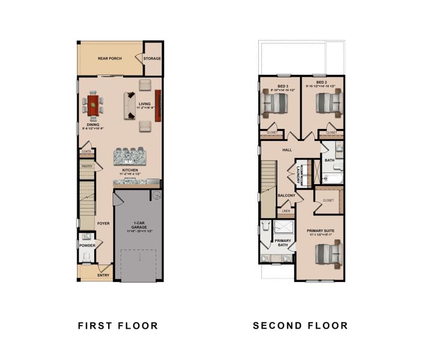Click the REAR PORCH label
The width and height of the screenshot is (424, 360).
[x=110, y=59]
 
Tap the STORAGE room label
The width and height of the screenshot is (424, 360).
[x=153, y=59]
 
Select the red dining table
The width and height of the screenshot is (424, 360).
[x=93, y=106]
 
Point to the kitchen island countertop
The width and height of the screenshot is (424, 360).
[x=130, y=157]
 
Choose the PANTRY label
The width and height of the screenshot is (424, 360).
[x=86, y=166]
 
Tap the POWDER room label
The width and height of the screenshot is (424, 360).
[x=86, y=245]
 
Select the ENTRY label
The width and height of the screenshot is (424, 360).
[x=103, y=275]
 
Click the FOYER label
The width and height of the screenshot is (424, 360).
[x=103, y=223]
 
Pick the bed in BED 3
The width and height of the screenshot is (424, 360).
[x=275, y=104]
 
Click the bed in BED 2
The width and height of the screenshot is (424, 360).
[x=327, y=104]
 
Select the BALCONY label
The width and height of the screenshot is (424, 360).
[x=286, y=196]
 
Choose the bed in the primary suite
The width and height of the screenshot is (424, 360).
[x=327, y=253]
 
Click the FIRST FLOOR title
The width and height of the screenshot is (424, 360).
[x=118, y=326]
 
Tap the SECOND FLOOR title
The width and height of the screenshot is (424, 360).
[x=300, y=326]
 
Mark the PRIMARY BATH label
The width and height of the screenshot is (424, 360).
[x=283, y=244]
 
